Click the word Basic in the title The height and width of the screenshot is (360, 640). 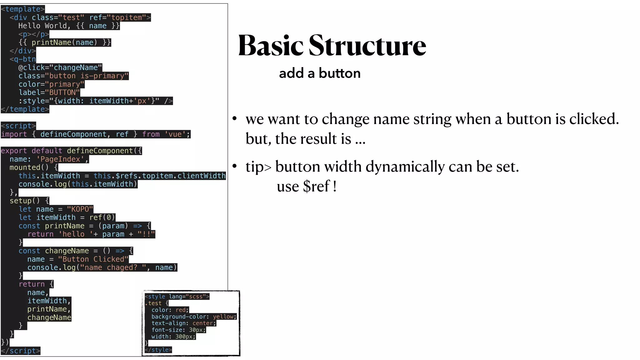coord(271,46)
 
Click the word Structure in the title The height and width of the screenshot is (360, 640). coord(367,46)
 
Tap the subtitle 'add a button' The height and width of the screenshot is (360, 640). coord(320,73)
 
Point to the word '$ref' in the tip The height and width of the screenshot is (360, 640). coord(316,187)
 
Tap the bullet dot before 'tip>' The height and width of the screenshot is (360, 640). coord(235,166)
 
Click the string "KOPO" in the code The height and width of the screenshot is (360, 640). coord(80,209)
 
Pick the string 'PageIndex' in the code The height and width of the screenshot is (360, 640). coord(60,159)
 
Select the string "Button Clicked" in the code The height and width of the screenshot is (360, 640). coord(93,259)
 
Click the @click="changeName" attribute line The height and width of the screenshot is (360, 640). coord(60,67)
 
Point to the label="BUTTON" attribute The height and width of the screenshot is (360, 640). coord(49,92)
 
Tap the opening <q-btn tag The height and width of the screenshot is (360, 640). coord(23,59)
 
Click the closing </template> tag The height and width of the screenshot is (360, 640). coord(25,109)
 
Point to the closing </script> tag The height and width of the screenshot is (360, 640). coord(21,351)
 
